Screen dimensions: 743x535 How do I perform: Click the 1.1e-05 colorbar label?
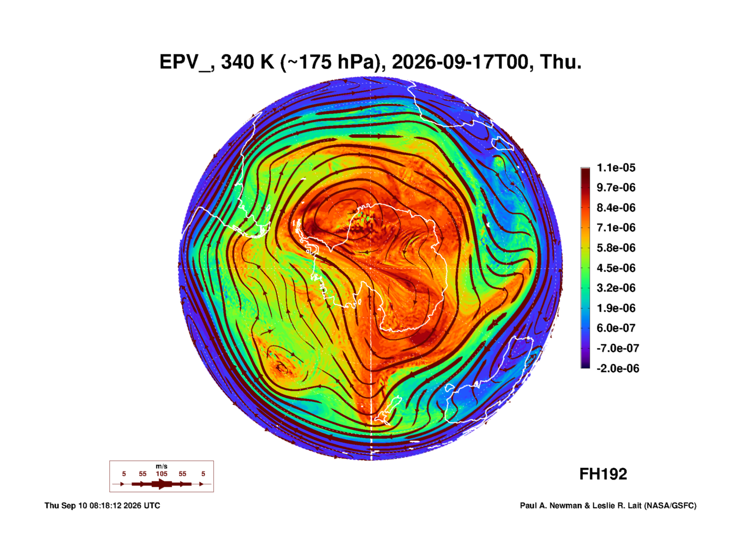pyautogui.click(x=616, y=168)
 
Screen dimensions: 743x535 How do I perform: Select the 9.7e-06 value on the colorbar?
pyautogui.click(x=616, y=187)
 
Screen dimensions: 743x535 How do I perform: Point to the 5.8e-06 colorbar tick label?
pyautogui.click(x=616, y=248)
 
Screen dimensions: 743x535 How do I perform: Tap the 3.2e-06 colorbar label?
pyautogui.click(x=616, y=288)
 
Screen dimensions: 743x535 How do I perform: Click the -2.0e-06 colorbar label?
pyautogui.click(x=618, y=368)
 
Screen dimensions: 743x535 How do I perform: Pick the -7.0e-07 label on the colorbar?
pyautogui.click(x=618, y=348)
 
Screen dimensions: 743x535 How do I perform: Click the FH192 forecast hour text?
pyautogui.click(x=603, y=474)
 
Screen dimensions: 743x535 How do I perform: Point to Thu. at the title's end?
pyautogui.click(x=561, y=62)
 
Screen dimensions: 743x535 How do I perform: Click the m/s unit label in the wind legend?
pyautogui.click(x=162, y=466)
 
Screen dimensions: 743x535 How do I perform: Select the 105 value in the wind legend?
pyautogui.click(x=162, y=474)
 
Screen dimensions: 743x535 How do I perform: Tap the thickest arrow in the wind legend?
pyautogui.click(x=162, y=484)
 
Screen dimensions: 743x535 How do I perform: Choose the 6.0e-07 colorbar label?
pyautogui.click(x=616, y=328)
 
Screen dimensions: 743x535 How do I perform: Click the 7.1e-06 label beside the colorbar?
pyautogui.click(x=616, y=228)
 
